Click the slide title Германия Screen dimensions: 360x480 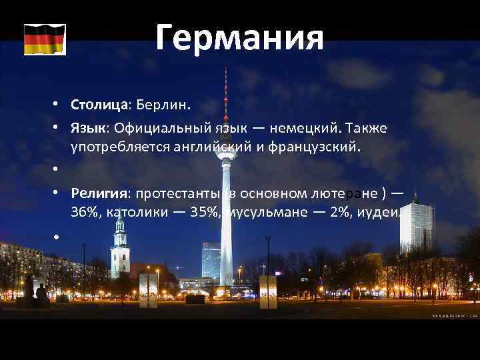point(240,37)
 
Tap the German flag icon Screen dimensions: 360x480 point(45,39)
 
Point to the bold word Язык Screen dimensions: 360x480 point(89,127)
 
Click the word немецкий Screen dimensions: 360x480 point(307,127)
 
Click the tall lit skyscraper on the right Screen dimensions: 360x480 point(416,227)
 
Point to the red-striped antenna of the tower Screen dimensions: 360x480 point(225,100)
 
